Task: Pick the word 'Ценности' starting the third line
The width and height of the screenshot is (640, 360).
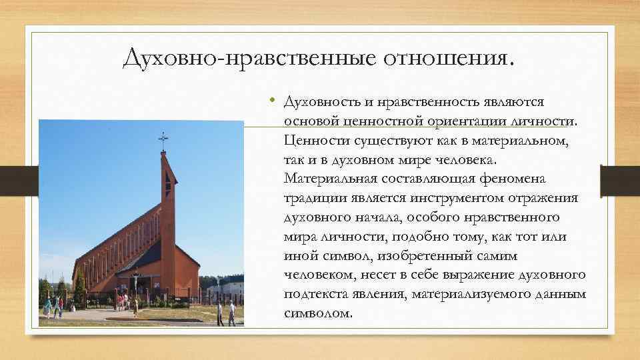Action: click(309, 141)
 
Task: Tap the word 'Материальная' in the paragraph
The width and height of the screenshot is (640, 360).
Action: click(325, 179)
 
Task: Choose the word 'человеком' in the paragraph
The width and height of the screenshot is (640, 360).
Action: click(315, 275)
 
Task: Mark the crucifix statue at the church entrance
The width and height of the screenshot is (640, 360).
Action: click(135, 283)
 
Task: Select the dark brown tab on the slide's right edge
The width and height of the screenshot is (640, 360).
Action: click(620, 181)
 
